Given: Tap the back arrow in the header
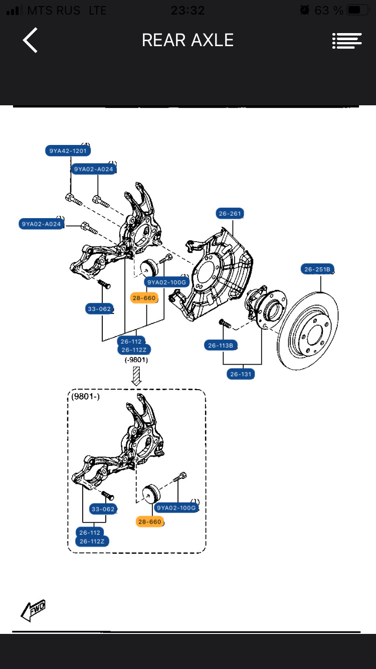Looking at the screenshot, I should (x=30, y=40).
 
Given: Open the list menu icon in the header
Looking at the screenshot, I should (x=347, y=41).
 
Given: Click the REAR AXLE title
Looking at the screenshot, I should (x=187, y=40).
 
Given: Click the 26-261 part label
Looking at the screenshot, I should (x=230, y=214).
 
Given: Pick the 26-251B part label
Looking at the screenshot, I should (x=317, y=269).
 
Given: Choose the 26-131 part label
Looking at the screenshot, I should (x=241, y=374).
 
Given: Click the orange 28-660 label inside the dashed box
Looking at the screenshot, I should (x=149, y=522).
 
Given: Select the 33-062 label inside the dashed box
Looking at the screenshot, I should (x=103, y=509).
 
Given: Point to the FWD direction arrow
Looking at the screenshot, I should (x=33, y=610).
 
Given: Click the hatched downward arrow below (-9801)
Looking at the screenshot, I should (x=136, y=376).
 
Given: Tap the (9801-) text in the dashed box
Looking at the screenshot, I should (x=86, y=396).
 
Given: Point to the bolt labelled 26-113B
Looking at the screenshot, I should (x=225, y=323).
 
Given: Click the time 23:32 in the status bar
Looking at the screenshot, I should (x=187, y=10).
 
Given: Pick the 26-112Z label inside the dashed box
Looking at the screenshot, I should (x=92, y=541).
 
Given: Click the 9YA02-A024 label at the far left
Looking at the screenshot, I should (x=42, y=224).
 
